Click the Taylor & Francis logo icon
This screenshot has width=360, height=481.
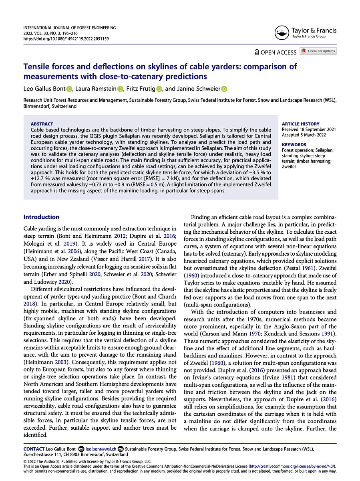282,33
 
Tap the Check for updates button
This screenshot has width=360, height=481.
318,51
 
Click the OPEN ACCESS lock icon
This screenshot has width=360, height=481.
257,52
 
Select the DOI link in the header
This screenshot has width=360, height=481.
66,39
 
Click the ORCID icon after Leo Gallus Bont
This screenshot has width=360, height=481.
68,89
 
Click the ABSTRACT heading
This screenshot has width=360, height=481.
42,124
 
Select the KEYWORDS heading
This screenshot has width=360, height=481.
294,145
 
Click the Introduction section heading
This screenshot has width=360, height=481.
41,217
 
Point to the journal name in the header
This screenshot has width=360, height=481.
69,28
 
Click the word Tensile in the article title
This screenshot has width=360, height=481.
37,67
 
